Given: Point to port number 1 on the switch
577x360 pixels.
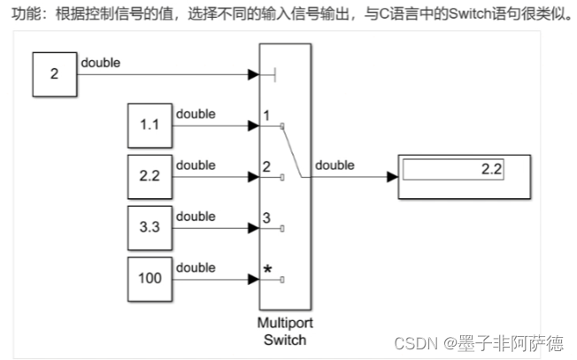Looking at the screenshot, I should (266, 116).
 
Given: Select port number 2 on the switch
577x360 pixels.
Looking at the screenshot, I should (266, 166).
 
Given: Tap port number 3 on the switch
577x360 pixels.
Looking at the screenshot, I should (266, 218).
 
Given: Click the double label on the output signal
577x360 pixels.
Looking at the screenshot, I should (335, 165).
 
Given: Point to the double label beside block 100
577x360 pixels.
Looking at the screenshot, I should (196, 267).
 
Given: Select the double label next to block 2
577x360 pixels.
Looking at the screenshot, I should (100, 64).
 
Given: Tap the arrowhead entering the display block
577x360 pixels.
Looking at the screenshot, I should (392, 177).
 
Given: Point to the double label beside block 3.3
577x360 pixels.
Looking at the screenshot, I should (196, 216).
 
